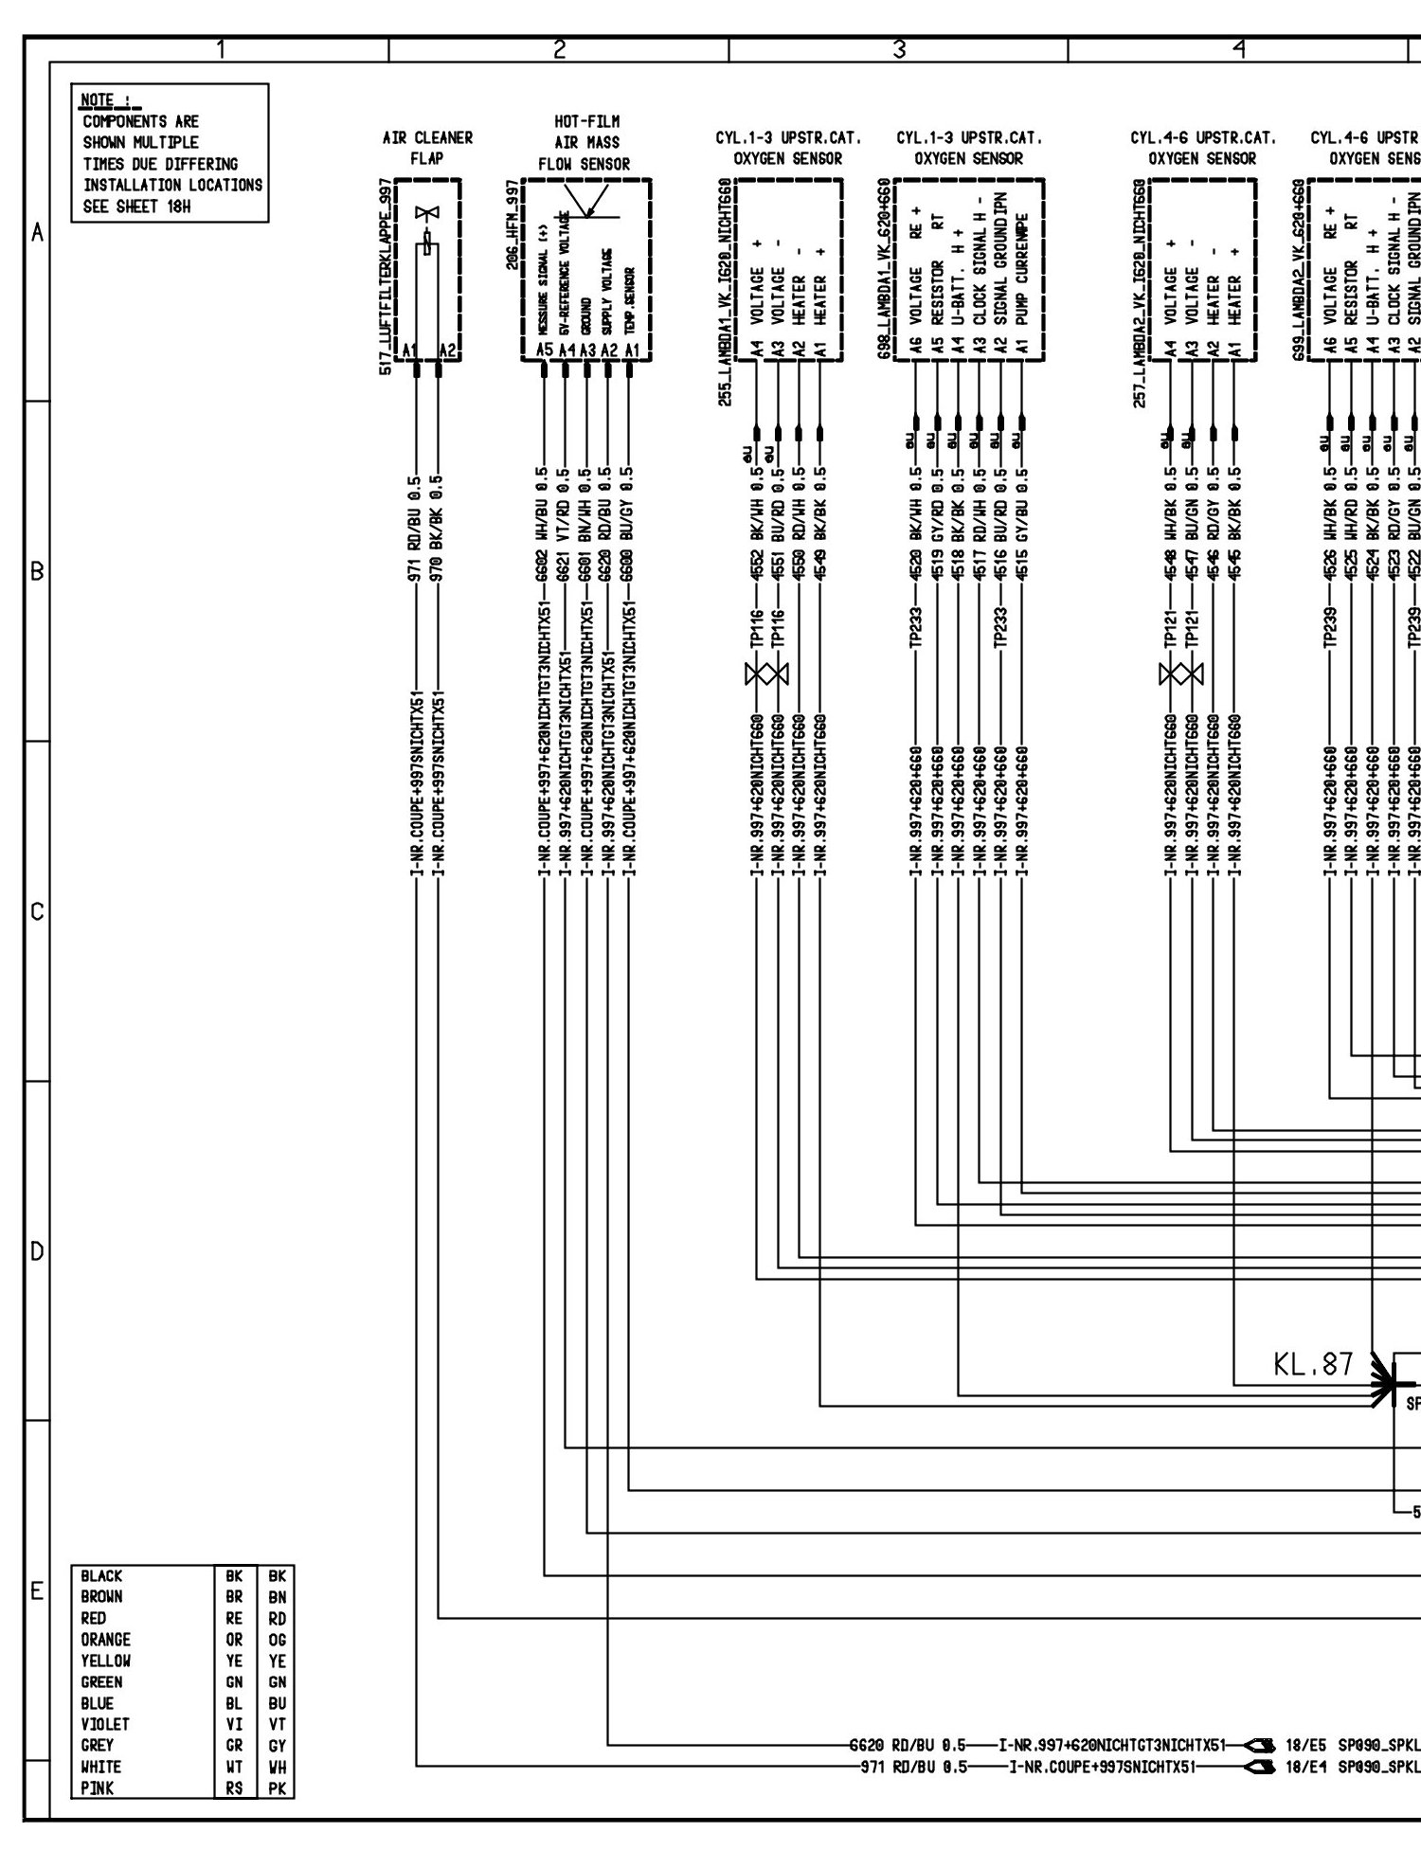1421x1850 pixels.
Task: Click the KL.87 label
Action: coord(1312,1365)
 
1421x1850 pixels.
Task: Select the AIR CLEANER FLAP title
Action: coord(426,148)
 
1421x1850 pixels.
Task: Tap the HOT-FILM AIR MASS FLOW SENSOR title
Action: coord(585,142)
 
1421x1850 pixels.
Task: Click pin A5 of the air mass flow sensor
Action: coord(544,350)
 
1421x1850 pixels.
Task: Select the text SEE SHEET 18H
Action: coord(136,207)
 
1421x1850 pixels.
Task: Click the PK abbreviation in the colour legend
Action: coord(277,1788)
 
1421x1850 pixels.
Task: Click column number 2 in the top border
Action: coord(559,49)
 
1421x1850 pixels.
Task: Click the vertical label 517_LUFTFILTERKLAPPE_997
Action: coord(384,275)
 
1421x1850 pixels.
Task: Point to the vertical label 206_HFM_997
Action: coord(512,225)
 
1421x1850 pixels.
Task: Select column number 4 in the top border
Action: coord(1237,49)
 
